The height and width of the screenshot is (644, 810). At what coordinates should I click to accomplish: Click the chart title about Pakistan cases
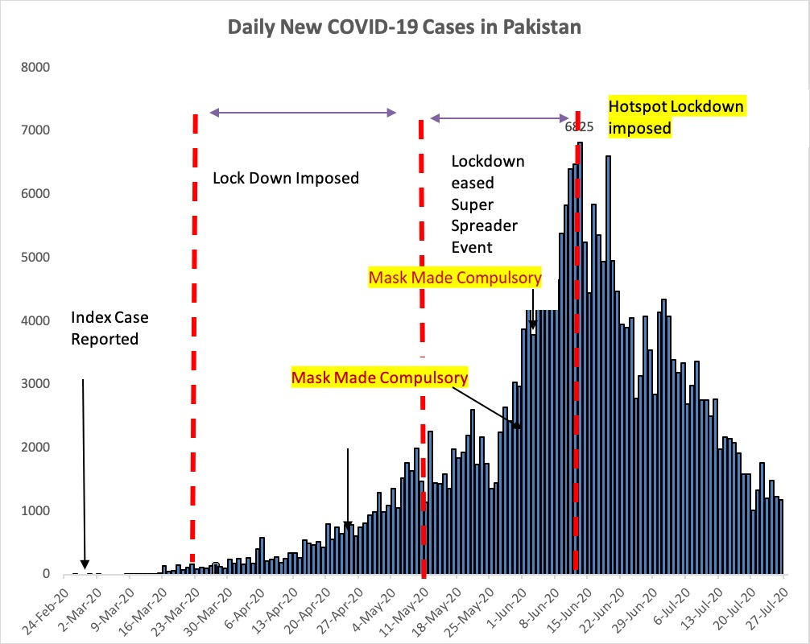pos(404,27)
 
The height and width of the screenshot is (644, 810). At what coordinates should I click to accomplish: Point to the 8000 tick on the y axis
pos(37,67)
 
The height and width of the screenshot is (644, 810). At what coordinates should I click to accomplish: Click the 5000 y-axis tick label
pos(37,258)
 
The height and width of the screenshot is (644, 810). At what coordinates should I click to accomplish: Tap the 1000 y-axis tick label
pos(37,511)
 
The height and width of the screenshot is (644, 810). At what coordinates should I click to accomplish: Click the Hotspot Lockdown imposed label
pos(676,117)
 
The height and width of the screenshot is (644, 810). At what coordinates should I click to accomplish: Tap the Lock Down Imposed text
pos(286,178)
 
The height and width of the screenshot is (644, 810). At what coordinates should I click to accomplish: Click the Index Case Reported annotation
pos(110,328)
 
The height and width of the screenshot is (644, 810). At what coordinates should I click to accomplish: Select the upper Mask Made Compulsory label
pos(455,279)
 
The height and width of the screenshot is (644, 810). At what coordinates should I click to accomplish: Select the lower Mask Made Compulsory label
pos(379,377)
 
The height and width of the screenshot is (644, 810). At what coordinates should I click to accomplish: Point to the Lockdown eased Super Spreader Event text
pos(488,204)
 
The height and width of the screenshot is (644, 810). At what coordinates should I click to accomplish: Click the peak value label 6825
pos(579,126)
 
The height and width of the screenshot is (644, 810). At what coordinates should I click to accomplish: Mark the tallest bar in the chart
pos(581,362)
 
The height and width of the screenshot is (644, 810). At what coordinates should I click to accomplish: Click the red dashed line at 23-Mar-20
pos(194,338)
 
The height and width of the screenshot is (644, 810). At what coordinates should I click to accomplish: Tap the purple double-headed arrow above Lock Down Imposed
pos(303,112)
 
